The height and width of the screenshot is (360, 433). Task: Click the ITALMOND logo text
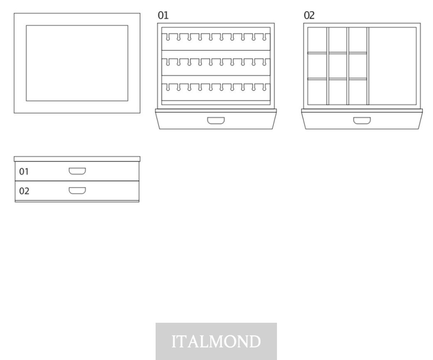click(x=216, y=341)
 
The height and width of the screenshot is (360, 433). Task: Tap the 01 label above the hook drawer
click(x=163, y=15)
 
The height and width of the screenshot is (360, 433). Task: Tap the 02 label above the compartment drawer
click(x=309, y=15)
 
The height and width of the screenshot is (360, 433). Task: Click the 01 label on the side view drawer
click(x=24, y=172)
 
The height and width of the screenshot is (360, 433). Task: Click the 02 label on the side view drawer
click(x=24, y=191)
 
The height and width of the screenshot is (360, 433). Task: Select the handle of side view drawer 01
click(x=77, y=171)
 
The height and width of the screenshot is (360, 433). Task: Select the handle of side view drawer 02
click(x=77, y=191)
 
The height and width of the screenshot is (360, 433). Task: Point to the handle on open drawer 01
click(x=216, y=120)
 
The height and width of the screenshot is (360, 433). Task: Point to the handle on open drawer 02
click(x=362, y=120)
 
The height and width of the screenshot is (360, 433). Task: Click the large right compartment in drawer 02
click(x=392, y=66)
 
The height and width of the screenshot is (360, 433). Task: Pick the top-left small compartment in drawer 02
click(x=317, y=39)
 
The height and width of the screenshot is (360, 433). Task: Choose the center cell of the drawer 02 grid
click(x=338, y=66)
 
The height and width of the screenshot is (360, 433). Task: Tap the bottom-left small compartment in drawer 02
click(x=317, y=92)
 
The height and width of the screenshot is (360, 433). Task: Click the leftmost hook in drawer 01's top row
click(x=167, y=37)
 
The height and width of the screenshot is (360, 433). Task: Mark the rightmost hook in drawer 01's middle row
click(x=264, y=62)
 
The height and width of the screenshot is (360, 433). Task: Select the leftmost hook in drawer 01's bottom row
click(x=167, y=87)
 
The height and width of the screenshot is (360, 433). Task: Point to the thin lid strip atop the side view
click(x=77, y=159)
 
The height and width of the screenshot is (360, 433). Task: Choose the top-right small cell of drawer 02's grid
click(x=358, y=39)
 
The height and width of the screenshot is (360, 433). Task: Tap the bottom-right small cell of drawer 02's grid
click(x=358, y=92)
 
